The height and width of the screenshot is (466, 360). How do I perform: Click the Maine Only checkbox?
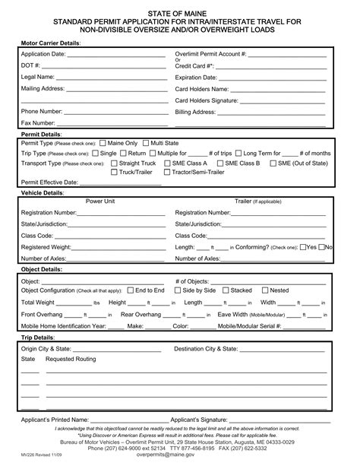tap(103, 143)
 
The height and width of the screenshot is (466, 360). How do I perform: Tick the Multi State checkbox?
tap(146, 143)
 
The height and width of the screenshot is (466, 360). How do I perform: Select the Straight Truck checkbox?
tap(114, 163)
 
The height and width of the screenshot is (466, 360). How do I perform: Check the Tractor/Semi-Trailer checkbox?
tap(166, 173)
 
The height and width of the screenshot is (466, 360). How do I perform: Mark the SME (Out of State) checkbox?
tap(273, 163)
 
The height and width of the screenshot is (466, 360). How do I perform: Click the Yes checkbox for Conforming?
tap(303, 247)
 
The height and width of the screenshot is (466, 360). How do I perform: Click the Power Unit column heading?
tap(99, 201)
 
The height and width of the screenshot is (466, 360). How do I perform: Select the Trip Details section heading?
tap(38, 337)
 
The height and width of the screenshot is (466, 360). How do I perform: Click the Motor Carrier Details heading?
tap(50, 43)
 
